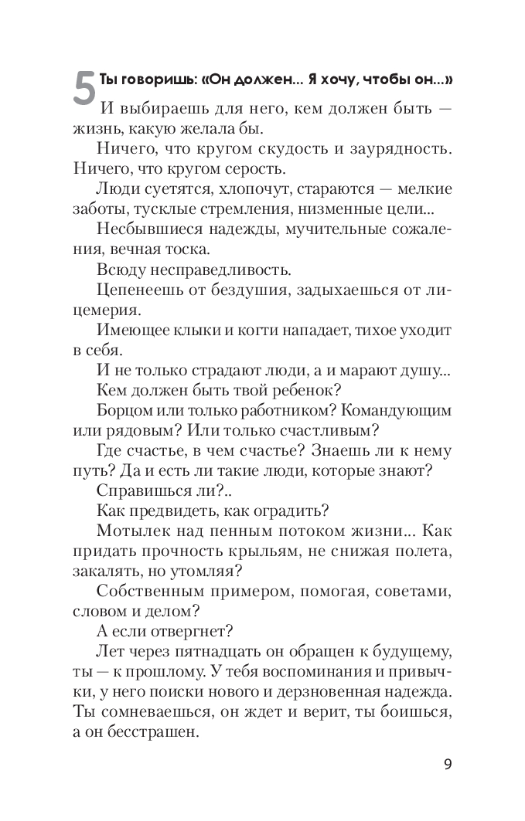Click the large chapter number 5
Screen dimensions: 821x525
click(84, 87)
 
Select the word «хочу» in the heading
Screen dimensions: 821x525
click(334, 80)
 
